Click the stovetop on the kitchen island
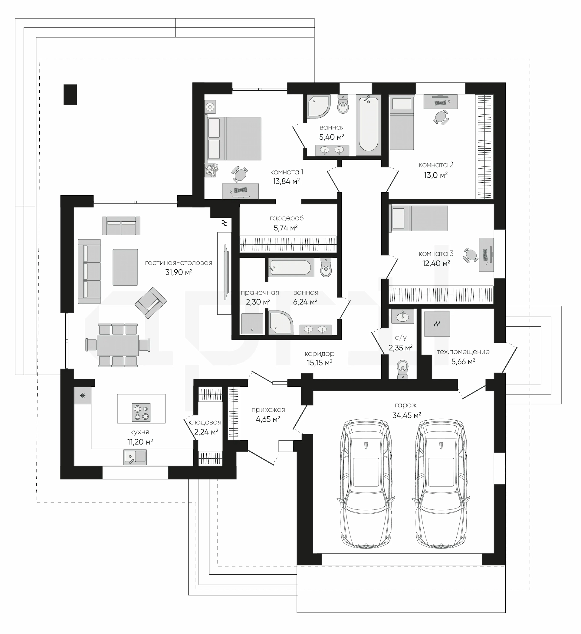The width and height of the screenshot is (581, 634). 141,412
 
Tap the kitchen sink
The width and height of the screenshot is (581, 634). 135,457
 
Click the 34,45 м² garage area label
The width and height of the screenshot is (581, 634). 406,415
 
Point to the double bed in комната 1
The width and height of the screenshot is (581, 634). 233,138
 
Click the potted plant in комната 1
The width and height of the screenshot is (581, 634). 211,170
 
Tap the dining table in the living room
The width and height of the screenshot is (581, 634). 118,345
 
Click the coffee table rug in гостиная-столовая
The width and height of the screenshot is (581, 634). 125,267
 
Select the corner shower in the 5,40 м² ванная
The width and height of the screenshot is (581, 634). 318,106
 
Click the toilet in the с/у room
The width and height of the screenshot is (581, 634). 402,369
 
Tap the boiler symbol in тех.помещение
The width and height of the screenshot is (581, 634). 437,324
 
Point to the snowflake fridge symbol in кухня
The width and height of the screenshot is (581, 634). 83,396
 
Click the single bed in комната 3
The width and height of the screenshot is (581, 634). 418,219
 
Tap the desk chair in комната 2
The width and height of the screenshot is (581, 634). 441,117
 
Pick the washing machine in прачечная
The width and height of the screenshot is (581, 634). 252,324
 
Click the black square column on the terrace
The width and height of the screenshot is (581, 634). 70,94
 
